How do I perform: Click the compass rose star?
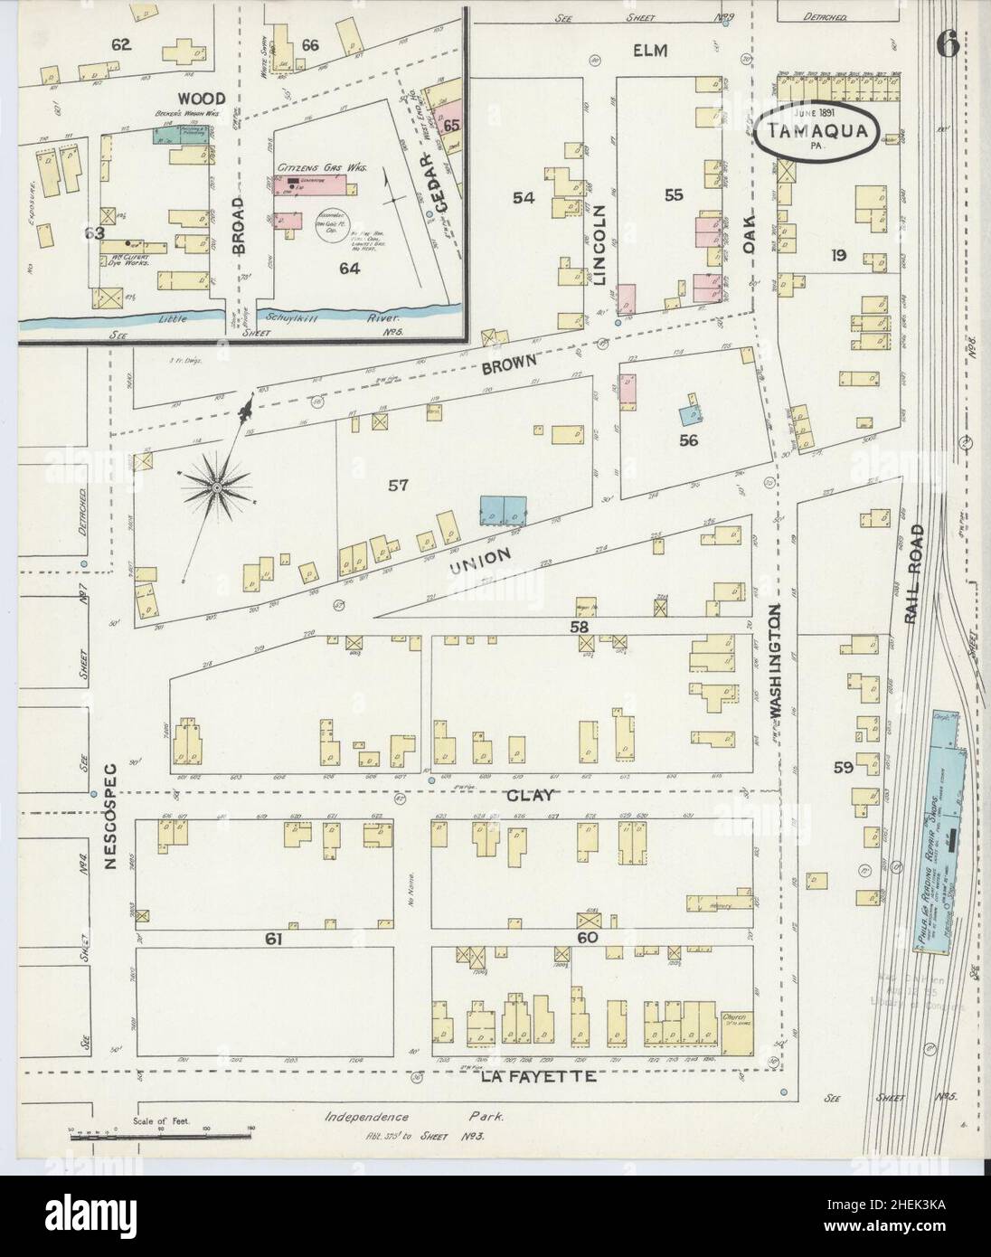217,488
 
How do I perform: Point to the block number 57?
399,486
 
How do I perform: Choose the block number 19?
839,256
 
